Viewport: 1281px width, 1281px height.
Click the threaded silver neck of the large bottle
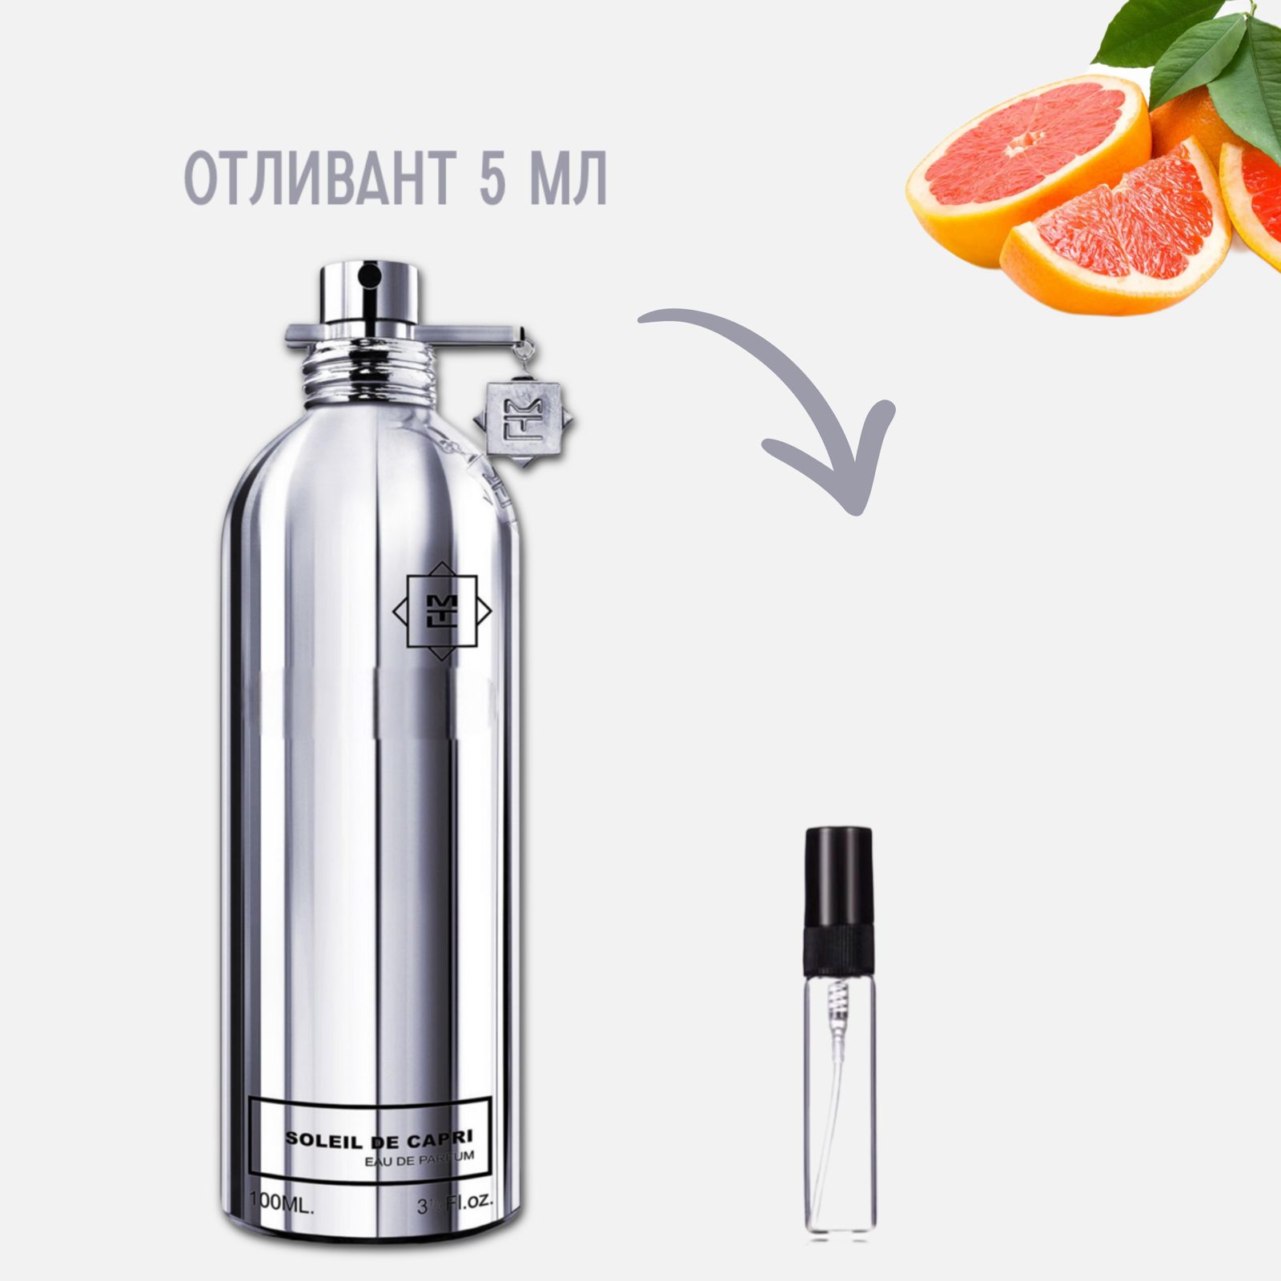(369, 373)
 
